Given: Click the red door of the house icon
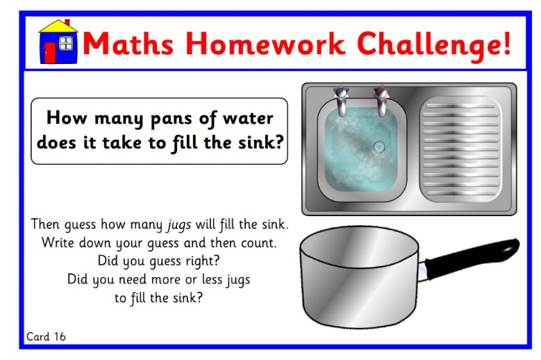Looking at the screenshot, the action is click(x=50, y=52).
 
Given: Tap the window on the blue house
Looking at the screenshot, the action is click(x=65, y=44).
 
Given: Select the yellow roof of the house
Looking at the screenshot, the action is click(x=58, y=26).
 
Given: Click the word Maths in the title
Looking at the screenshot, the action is click(x=128, y=44).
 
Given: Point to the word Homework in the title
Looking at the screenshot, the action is click(x=266, y=44).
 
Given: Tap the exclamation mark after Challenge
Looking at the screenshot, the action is click(x=506, y=43).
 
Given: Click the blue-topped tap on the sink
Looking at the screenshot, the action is click(x=341, y=101).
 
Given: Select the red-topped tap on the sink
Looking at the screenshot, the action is click(x=381, y=101).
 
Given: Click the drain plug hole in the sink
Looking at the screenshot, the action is click(x=378, y=147).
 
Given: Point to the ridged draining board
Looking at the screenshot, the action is click(x=461, y=149).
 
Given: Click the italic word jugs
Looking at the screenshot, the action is click(x=179, y=225).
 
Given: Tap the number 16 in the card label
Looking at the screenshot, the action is click(x=59, y=336).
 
